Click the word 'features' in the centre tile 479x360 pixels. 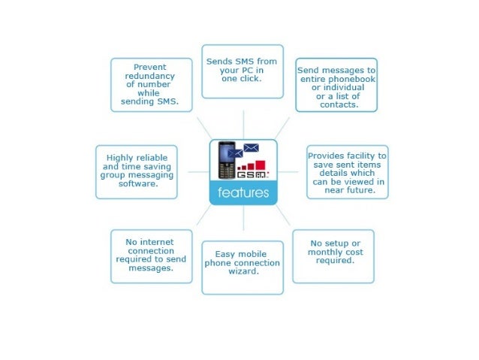(243, 194)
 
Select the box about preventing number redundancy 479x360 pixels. (150, 84)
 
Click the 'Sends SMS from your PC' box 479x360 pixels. (242, 71)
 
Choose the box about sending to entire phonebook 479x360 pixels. (336, 85)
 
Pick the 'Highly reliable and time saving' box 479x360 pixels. (136, 172)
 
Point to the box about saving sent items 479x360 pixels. (347, 172)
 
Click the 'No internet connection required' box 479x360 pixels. (150, 256)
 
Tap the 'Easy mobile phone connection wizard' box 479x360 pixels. (242, 267)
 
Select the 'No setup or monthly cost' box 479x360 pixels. (333, 256)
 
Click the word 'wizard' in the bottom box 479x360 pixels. (242, 272)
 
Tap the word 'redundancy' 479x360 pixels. (150, 76)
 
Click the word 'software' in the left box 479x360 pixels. (136, 184)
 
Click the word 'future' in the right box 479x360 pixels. (363, 191)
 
